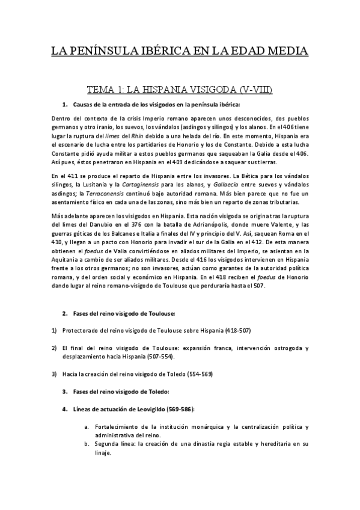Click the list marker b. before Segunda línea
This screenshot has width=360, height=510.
pyautogui.click(x=87, y=444)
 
